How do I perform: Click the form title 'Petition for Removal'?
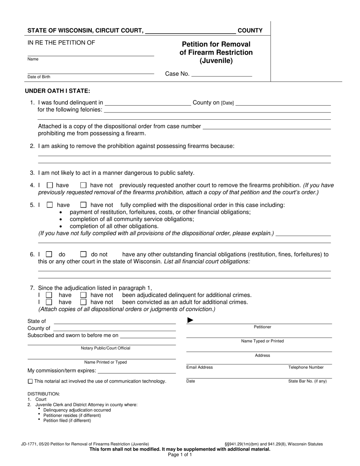(x=216, y=44)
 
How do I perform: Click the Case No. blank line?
(x=222, y=75)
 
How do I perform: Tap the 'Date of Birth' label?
(x=39, y=77)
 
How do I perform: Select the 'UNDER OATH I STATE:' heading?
(x=58, y=91)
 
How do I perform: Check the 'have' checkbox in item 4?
(x=50, y=186)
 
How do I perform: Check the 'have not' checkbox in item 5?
(x=84, y=205)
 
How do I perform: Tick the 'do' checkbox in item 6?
(x=49, y=255)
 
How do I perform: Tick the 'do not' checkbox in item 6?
(x=84, y=255)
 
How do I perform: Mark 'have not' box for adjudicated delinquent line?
(x=84, y=295)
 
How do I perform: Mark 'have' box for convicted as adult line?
(x=49, y=302)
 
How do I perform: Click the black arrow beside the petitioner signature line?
(x=190, y=321)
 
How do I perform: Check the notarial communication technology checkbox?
(x=30, y=382)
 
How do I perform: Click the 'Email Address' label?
(x=199, y=367)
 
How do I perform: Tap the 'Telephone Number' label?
(x=306, y=367)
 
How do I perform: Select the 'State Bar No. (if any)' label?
(x=307, y=382)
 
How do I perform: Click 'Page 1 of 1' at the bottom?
(x=180, y=455)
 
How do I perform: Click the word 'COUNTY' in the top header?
(x=250, y=31)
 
